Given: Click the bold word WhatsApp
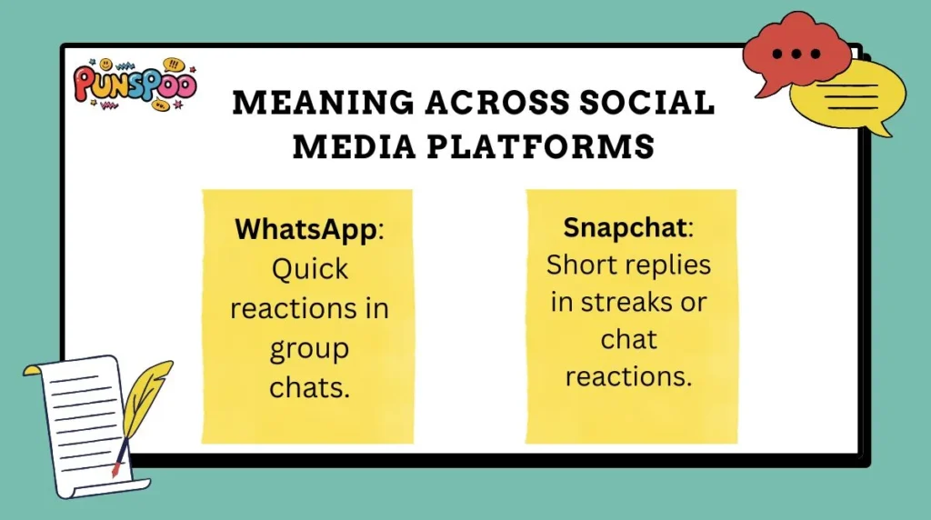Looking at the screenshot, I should coord(305,230).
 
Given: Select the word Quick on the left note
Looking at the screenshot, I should coord(308,269).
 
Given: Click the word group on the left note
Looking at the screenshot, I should coord(308,348).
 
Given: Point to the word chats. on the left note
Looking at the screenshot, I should coord(309,387).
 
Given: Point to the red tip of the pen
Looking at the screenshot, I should coord(115,471).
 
